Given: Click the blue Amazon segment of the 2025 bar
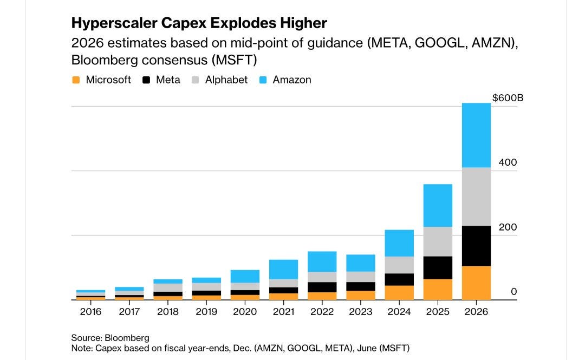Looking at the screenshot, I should coord(438,205).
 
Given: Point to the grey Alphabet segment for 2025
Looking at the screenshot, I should coord(438,241).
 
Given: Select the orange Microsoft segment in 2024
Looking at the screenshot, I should coord(399,292).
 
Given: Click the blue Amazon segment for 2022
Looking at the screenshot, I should coord(322,261).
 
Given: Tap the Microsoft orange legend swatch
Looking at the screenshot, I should coord(76,80).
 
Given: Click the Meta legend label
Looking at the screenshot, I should coord(168,80).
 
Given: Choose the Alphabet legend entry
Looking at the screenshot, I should coord(226,80).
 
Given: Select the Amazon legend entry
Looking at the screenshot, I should coord(292,80).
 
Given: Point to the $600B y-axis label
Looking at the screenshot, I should coord(508,98).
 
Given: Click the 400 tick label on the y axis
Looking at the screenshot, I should coord(508,162).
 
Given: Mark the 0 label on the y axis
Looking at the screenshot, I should coord(513,292).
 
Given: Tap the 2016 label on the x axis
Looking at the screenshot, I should coord(90,312).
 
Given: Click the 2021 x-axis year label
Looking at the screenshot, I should coord(283,312).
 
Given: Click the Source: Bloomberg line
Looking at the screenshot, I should coord(110,338).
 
